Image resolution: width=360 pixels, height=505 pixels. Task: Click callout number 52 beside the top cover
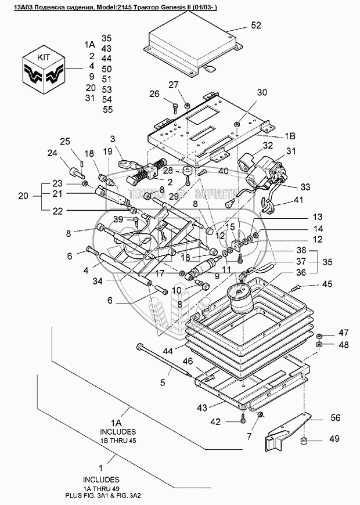(257, 25)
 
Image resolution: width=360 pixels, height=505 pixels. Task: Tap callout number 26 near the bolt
(154, 94)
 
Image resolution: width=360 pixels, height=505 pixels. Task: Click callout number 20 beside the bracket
(22, 196)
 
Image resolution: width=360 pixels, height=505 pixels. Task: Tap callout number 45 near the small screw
(327, 284)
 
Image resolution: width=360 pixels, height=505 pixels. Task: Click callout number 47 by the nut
(344, 333)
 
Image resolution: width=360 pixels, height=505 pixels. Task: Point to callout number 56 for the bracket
(337, 417)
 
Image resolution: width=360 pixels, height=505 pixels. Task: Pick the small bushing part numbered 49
(303, 445)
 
